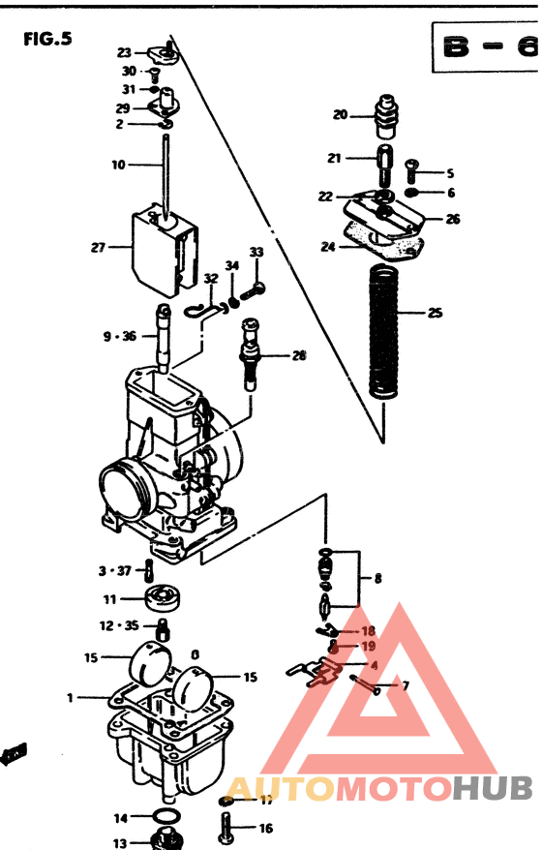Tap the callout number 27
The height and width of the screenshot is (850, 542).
98,248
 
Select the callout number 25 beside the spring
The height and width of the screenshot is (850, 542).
435,313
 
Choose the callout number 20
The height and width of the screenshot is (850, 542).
340,114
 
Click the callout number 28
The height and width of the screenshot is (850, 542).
299,355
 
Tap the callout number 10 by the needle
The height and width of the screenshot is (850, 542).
118,165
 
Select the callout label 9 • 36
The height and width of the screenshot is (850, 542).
121,337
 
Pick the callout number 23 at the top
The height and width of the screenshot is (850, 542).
125,52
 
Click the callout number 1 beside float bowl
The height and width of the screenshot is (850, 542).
70,697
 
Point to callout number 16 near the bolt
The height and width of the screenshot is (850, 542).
265,828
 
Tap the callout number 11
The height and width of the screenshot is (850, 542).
110,599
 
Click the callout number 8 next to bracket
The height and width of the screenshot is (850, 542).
377,578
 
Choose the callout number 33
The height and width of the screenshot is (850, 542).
256,252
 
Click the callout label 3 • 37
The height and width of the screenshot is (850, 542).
114,570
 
